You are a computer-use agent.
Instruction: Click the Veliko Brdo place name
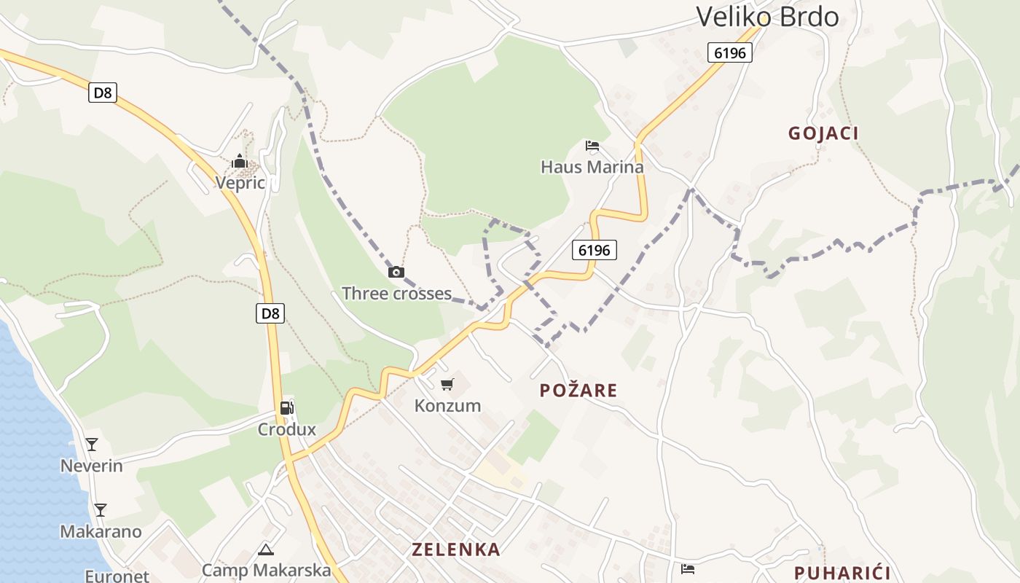[x=767, y=16]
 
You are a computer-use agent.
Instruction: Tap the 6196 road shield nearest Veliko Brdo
[x=729, y=52]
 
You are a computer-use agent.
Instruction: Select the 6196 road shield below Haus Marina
[x=594, y=250]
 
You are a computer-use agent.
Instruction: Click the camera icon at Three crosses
[x=396, y=273]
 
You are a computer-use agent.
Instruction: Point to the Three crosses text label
[x=396, y=294]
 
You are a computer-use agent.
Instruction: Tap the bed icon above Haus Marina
[x=592, y=146]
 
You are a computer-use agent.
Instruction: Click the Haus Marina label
[x=592, y=167]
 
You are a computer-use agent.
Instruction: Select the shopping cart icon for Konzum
[x=447, y=384]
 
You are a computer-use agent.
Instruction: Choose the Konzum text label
[x=447, y=406]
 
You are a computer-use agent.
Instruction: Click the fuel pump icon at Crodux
[x=287, y=408]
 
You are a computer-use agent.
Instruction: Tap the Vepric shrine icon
[x=240, y=162]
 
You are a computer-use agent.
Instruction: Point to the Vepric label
[x=240, y=183]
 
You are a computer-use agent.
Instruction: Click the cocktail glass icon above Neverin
[x=92, y=444]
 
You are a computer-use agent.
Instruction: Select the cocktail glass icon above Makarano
[x=101, y=509]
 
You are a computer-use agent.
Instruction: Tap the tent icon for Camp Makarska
[x=266, y=549]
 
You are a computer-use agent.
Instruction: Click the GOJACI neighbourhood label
[x=823, y=133]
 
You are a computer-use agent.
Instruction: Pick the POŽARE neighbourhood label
[x=578, y=391]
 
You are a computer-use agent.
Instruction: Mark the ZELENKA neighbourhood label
[x=456, y=549]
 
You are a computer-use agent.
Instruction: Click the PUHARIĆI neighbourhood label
[x=842, y=573]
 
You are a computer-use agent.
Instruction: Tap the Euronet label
[x=117, y=576]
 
